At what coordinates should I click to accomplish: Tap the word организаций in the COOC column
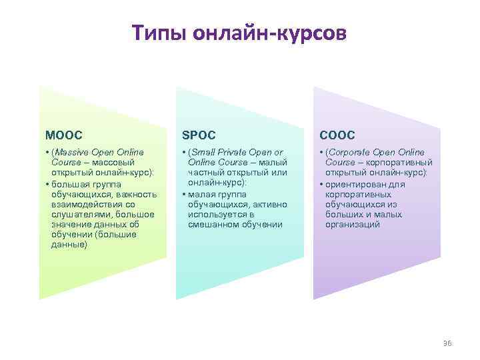pyautogui.click(x=353, y=225)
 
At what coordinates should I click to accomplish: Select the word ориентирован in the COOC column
pyautogui.click(x=359, y=184)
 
